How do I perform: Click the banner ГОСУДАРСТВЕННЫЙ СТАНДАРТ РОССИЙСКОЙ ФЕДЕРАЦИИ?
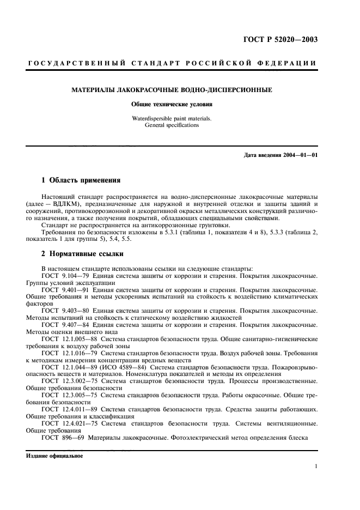(x=172, y=65)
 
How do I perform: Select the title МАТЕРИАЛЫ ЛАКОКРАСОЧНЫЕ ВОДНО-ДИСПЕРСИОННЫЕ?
(x=172, y=89)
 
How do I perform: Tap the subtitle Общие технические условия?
(x=172, y=104)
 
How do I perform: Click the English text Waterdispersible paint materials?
(x=172, y=118)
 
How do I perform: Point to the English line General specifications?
(x=172, y=125)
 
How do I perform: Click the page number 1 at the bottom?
(x=316, y=466)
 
